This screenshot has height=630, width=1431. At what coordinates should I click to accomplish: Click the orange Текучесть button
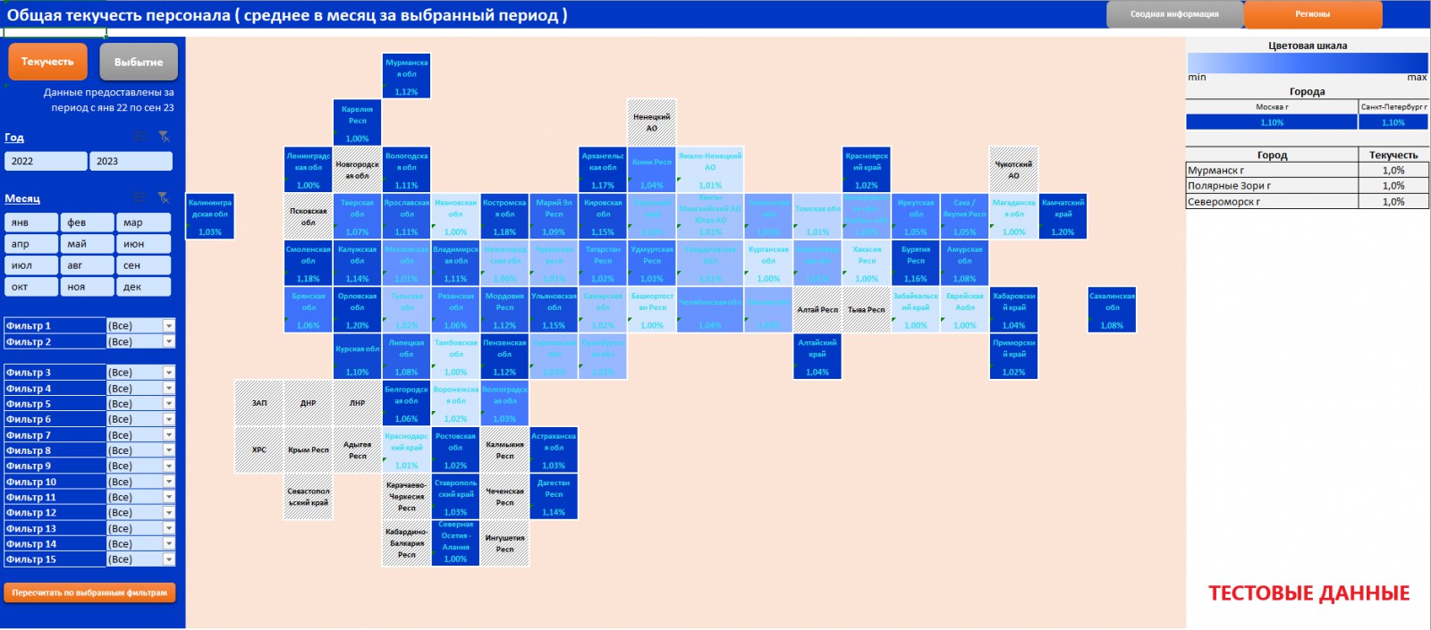[47, 62]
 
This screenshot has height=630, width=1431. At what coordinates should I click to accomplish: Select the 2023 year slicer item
[130, 161]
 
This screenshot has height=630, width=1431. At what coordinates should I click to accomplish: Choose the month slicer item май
[86, 244]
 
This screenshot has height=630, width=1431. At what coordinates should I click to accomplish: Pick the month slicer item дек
[142, 287]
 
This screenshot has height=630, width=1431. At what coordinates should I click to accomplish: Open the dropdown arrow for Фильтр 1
[168, 326]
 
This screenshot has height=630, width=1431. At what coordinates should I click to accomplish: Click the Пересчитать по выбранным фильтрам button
[89, 592]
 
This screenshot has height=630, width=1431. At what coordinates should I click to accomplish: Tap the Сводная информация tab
[1174, 14]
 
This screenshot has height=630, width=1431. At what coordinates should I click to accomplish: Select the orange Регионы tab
[1312, 14]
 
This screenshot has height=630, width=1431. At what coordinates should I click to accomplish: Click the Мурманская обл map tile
[406, 76]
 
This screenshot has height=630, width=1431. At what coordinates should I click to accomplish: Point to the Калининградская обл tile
[210, 216]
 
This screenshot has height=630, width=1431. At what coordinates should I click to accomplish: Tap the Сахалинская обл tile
[1112, 309]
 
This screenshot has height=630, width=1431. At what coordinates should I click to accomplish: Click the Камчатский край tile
[1063, 216]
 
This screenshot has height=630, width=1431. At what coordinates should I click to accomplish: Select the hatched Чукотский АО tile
[1013, 169]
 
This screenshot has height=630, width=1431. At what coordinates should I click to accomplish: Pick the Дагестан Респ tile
[554, 496]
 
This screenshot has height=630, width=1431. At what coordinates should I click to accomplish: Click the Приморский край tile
[1013, 356]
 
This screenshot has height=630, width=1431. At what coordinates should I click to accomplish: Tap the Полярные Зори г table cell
[1271, 186]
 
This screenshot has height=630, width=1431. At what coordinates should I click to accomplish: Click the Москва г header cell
[1271, 106]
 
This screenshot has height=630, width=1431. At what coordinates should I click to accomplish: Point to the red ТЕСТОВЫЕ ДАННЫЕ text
[1308, 593]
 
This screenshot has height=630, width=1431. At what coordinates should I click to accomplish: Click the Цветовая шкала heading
[1307, 46]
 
